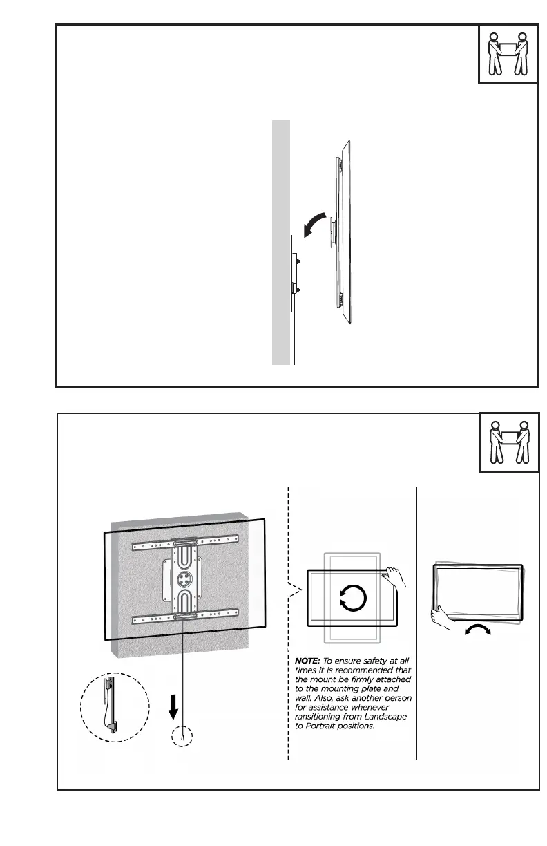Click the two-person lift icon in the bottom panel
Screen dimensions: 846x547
pyautogui.click(x=509, y=442)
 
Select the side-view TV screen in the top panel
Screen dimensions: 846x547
pyautogui.click(x=347, y=232)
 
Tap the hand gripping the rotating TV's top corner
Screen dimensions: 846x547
pyautogui.click(x=396, y=574)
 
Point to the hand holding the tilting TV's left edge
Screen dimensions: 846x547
pyautogui.click(x=442, y=614)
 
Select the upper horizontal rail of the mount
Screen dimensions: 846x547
pyautogui.click(x=184, y=543)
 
